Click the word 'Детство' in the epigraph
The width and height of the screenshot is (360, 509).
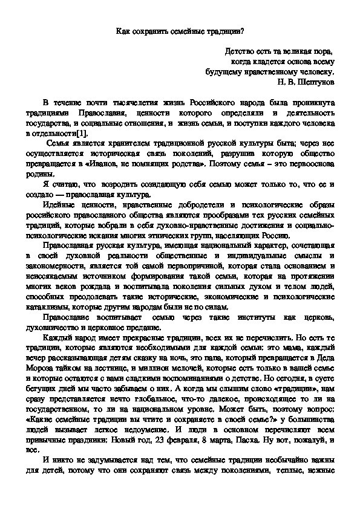click(238, 51)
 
